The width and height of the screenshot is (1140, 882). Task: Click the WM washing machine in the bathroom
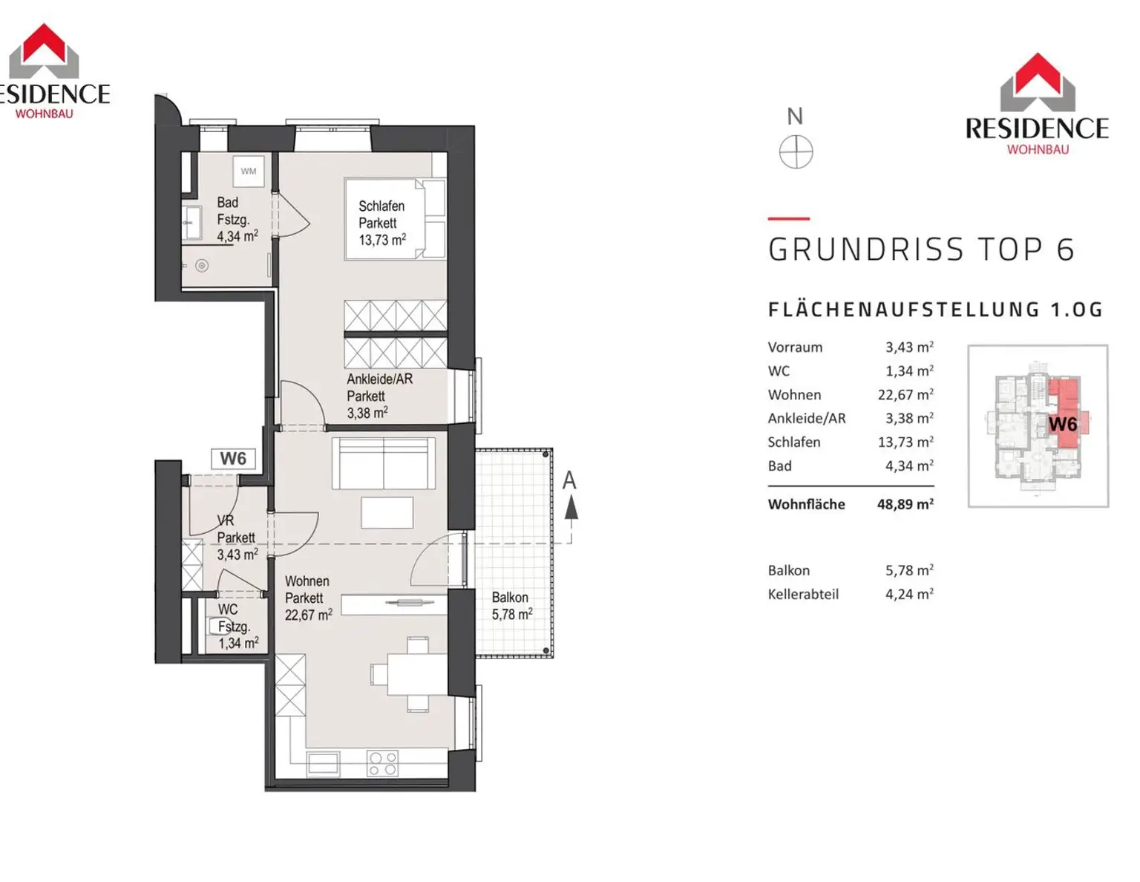pos(248,171)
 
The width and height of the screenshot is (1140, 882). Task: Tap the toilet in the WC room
pos(216,627)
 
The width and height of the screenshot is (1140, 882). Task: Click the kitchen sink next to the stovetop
pos(324,763)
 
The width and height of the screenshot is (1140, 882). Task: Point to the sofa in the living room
pos(383,463)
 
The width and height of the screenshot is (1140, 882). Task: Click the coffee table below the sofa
pos(387,512)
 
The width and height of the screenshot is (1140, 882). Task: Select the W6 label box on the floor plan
pos(233,459)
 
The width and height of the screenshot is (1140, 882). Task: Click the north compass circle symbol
pos(796,152)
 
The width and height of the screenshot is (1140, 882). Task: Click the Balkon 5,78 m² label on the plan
pos(512,606)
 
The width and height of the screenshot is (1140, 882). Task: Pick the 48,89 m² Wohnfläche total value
pos(905,504)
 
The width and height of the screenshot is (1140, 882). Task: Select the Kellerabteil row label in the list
pos(802,594)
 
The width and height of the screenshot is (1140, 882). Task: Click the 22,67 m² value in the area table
pos(905,394)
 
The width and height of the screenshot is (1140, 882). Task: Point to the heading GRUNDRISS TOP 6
pos(921,249)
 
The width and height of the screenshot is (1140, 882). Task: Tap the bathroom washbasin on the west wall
pos(192,223)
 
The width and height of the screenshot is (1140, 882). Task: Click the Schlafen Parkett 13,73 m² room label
pos(382,223)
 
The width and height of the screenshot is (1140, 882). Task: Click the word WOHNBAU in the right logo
pos(1037,149)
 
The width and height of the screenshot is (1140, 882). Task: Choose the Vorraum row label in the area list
pos(795,347)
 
